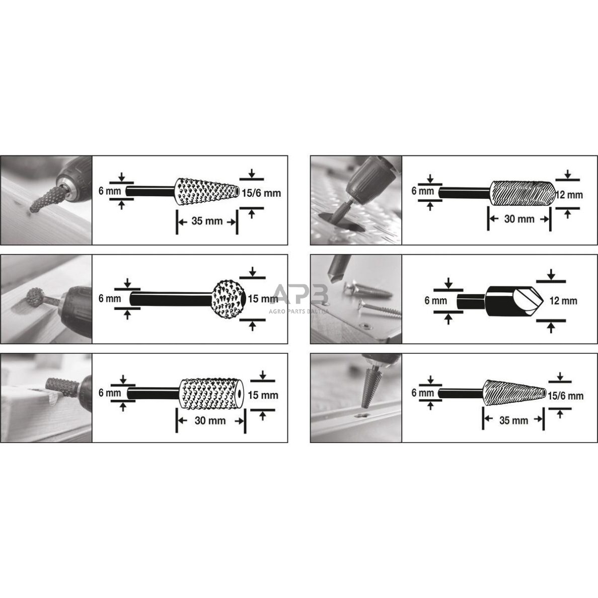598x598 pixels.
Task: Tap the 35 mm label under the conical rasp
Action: pos(207,221)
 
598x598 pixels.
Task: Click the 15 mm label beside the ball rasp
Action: pos(263,299)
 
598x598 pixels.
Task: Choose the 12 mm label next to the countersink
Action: pos(563,301)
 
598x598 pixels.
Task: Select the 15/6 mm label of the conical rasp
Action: pos(261,193)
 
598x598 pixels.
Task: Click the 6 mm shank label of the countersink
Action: pos(435,301)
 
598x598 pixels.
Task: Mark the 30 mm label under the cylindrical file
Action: pos(519,219)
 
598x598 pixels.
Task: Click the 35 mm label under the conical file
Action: pos(513,420)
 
